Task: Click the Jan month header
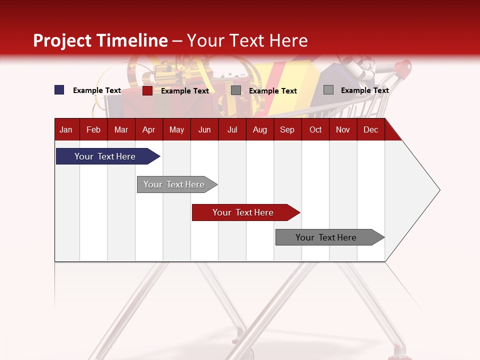pos(66,129)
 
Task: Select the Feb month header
pos(93,129)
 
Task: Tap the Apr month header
pos(148,129)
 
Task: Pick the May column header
pos(176,129)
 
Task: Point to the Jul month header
pos(232,129)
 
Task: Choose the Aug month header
pos(259,129)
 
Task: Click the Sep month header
pos(287,129)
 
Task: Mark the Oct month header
pos(315,129)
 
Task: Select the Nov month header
pos(343,129)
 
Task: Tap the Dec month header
pos(370,129)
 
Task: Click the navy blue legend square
pos(59,90)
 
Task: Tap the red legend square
pos(147,90)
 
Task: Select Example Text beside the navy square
pos(97,90)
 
